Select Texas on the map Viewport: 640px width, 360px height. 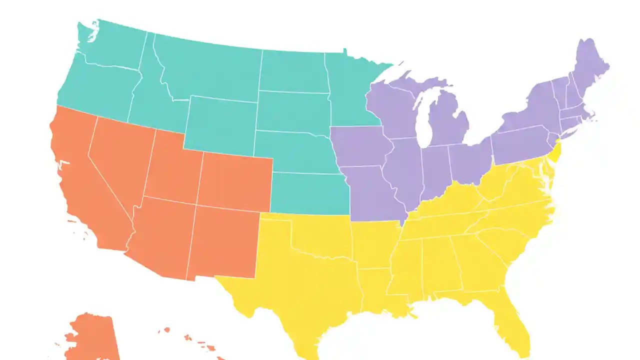click(x=300, y=280)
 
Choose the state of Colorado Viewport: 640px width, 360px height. click(x=235, y=180)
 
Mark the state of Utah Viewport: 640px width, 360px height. click(x=172, y=167)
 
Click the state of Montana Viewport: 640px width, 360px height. click(x=210, y=70)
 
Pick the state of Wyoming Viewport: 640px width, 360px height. click(x=220, y=125)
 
